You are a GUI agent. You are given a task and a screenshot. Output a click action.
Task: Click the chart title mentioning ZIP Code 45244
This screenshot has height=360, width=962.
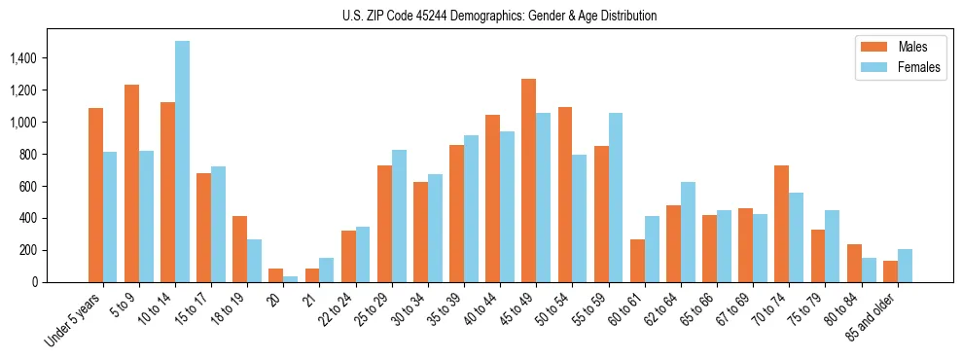pos(499,16)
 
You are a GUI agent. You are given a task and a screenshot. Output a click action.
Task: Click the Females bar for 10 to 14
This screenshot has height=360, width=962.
pos(182,162)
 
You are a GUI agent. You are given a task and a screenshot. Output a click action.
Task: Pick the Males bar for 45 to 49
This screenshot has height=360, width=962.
pos(528,180)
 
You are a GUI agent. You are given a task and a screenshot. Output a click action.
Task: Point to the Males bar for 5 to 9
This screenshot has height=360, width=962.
pos(131,183)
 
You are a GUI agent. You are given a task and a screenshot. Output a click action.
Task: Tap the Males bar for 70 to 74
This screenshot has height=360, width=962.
pos(781,224)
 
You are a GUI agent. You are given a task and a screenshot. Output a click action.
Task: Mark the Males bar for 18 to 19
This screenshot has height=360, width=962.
pos(239,249)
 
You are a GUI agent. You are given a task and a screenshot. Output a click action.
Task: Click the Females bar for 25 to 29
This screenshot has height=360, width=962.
pos(399,216)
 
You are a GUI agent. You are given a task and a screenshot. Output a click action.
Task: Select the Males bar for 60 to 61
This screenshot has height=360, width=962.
pos(637,261)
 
